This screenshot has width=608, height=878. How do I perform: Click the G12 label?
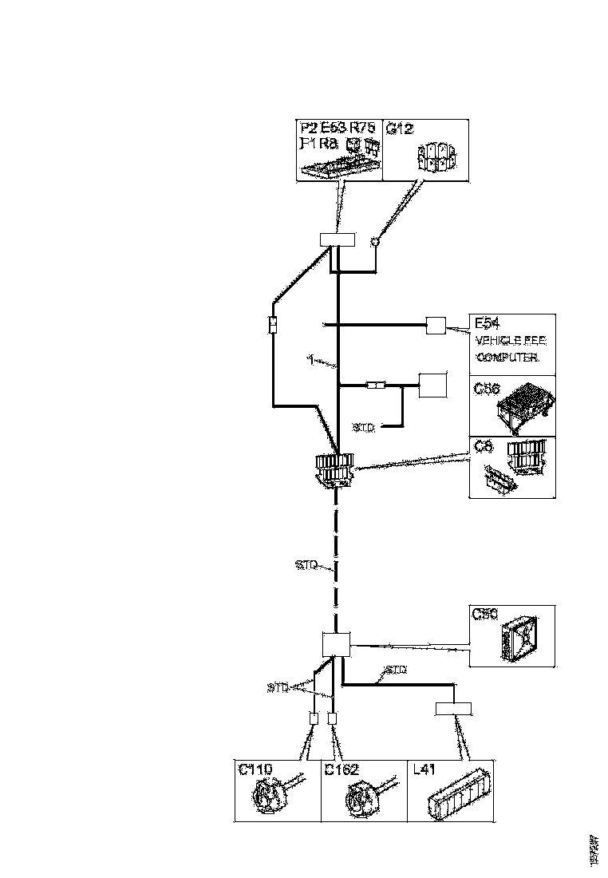[x=400, y=129]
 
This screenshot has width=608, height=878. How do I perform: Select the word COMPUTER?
[x=507, y=357]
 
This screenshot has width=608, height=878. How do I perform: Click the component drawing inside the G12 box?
[x=435, y=156]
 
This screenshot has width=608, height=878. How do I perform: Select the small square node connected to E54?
[x=436, y=325]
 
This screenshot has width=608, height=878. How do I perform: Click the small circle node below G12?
[x=373, y=239]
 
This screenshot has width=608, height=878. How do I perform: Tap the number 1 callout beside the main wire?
[x=310, y=359]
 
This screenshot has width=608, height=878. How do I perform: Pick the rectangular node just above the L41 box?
[x=452, y=709]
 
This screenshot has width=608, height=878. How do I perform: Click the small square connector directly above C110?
[x=314, y=718]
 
